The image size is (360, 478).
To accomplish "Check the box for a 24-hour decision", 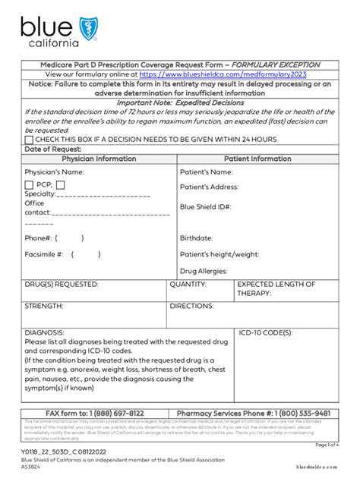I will [29, 139].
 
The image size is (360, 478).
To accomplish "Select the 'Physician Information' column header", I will [99, 159].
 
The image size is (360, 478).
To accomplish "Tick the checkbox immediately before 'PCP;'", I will [29, 184].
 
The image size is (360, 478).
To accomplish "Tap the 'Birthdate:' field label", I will [196, 237].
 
